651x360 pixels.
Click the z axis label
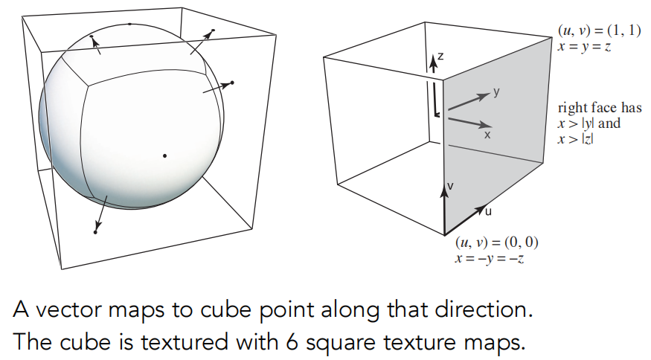pos(440,55)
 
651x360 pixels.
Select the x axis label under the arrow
pos(488,135)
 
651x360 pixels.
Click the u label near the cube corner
pos(489,211)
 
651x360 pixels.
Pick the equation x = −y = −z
pos(487,257)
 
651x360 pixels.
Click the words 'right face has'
pos(599,108)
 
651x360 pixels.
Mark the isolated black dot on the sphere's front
pos(164,155)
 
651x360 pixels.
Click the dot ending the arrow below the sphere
pos(95,232)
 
